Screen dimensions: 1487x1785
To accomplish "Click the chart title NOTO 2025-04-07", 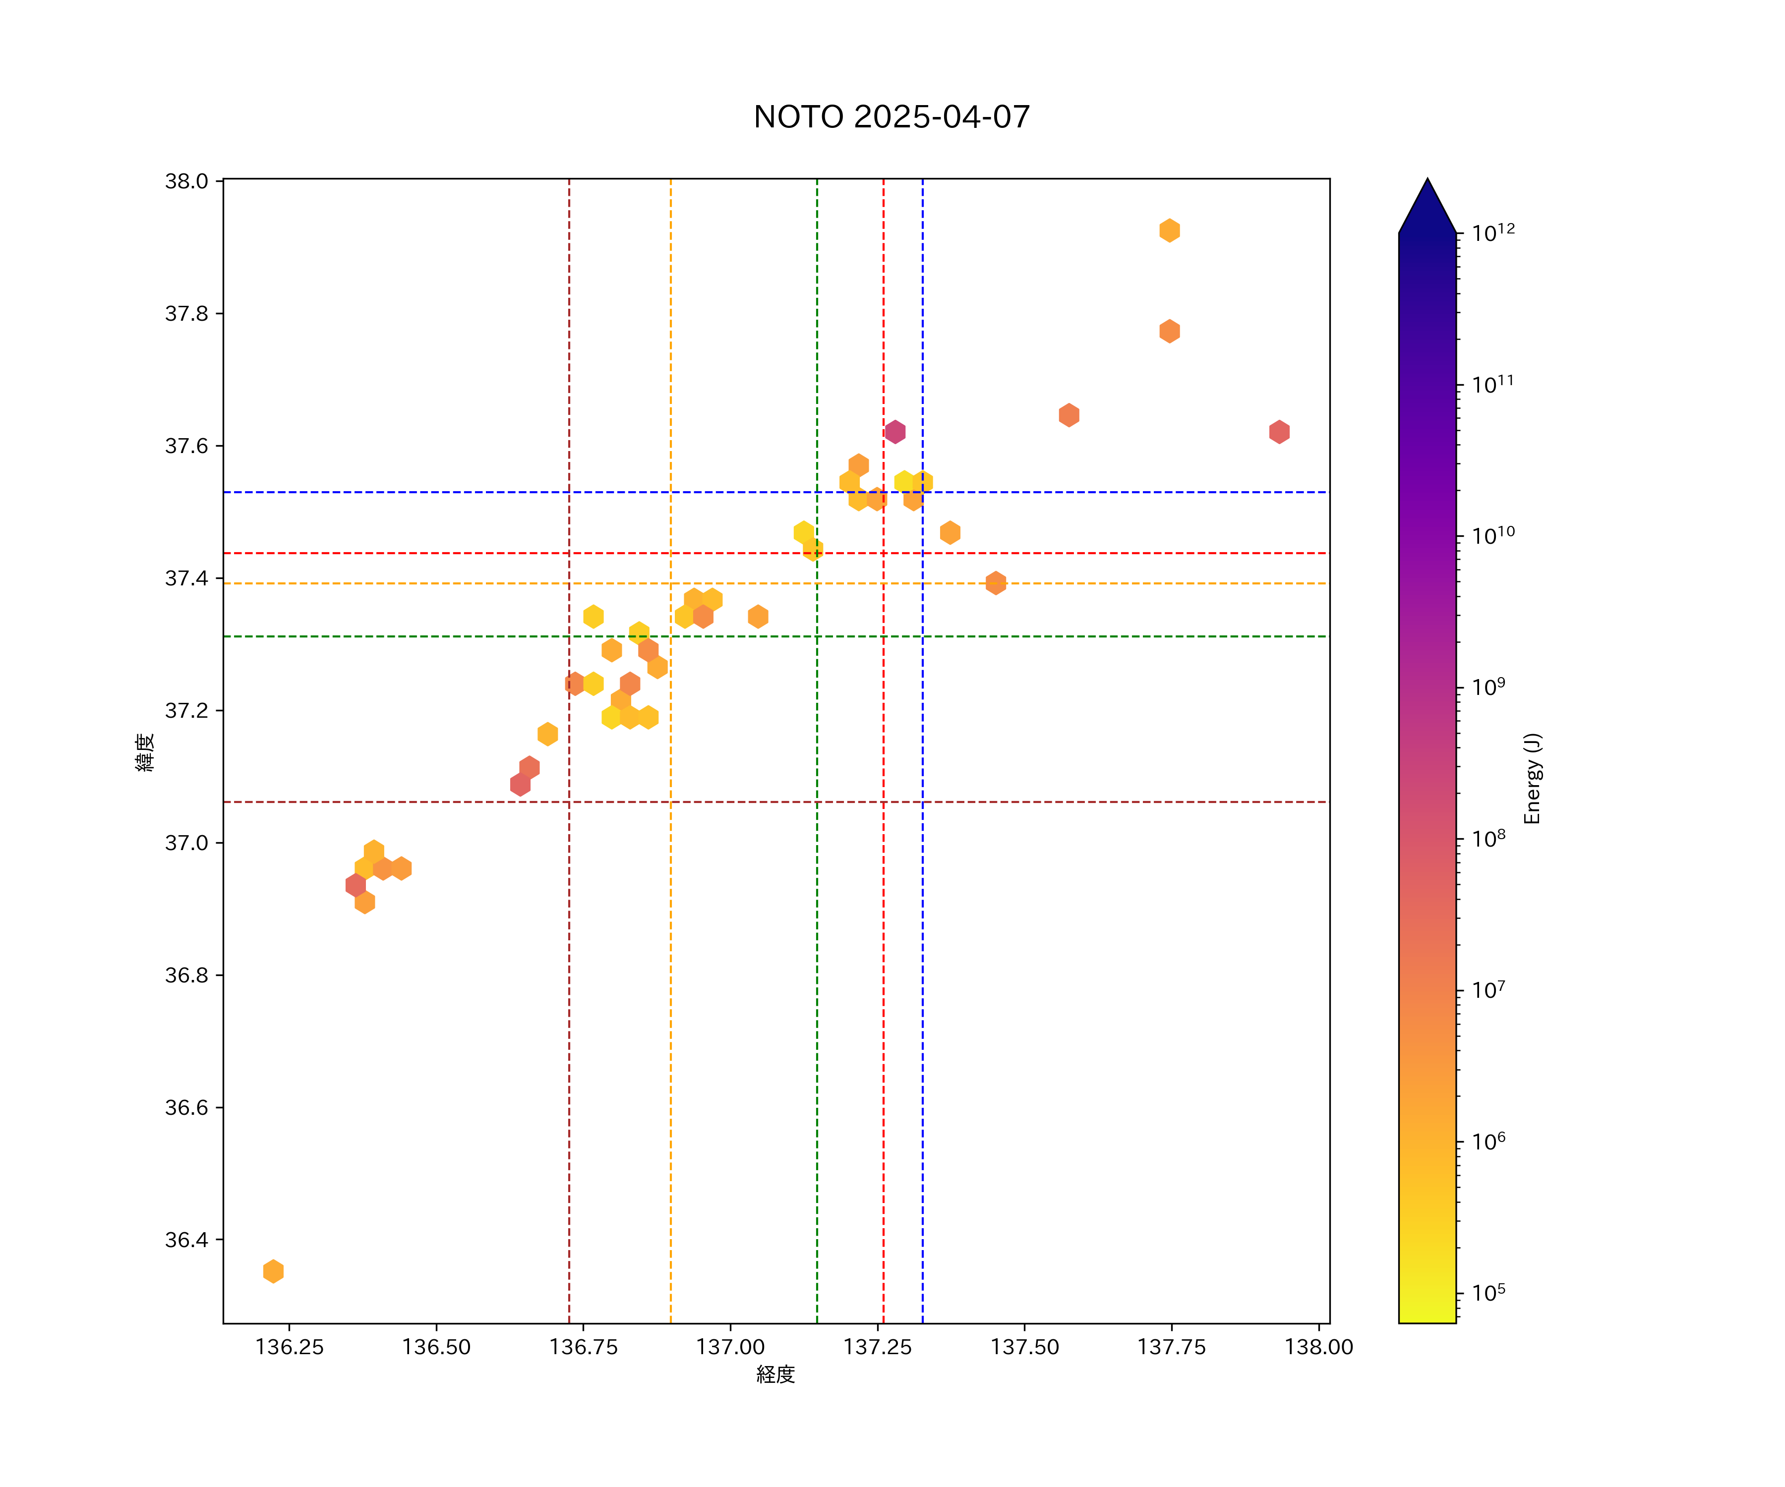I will [x=892, y=117].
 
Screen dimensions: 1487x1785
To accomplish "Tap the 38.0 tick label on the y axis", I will [x=186, y=181].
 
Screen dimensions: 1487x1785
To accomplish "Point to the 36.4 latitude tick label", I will [x=186, y=1240].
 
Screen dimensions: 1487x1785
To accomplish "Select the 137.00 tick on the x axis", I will [x=730, y=1347].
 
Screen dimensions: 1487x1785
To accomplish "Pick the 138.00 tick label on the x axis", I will [x=1318, y=1347].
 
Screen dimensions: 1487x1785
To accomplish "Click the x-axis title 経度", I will [x=775, y=1375].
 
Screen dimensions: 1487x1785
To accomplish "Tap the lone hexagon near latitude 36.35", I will [x=273, y=1272].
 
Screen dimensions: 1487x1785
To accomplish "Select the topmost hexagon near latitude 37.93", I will [x=1170, y=230].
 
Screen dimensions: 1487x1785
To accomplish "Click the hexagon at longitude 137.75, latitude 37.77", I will [x=1170, y=332].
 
